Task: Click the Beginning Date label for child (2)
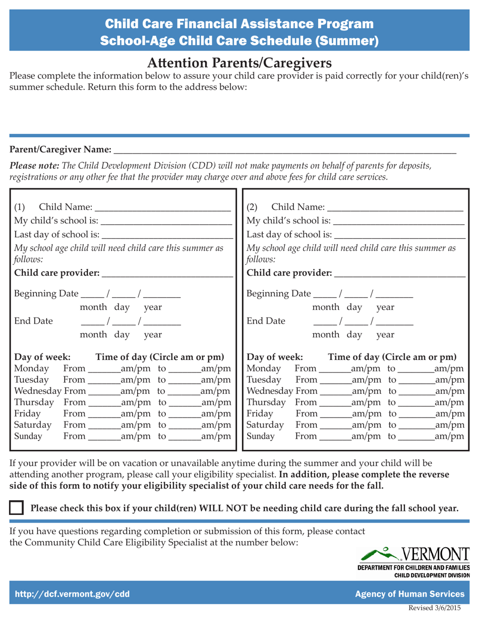277,294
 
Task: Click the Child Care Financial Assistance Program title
239,23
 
